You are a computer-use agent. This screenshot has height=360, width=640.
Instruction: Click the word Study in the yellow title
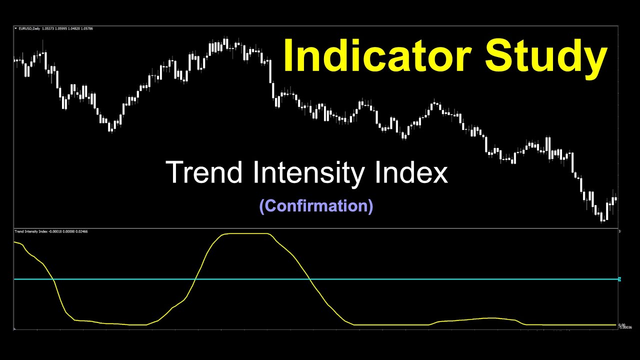pos(546,55)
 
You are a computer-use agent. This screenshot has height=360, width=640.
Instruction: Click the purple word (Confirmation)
pos(316,206)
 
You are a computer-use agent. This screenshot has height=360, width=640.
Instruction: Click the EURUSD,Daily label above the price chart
pos(30,28)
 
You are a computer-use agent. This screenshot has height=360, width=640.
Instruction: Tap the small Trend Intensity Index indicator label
pos(31,231)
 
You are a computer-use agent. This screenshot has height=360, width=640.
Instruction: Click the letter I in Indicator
pos(288,55)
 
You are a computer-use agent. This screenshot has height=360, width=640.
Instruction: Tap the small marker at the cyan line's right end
pos(619,279)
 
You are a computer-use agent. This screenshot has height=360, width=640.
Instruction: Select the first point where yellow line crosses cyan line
pos(54,279)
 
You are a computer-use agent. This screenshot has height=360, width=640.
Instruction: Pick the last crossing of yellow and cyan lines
pos(309,279)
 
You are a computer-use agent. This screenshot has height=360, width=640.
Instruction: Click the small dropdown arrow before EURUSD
pos(15,28)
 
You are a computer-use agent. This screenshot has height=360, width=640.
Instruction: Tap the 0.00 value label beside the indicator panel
pos(621,325)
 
